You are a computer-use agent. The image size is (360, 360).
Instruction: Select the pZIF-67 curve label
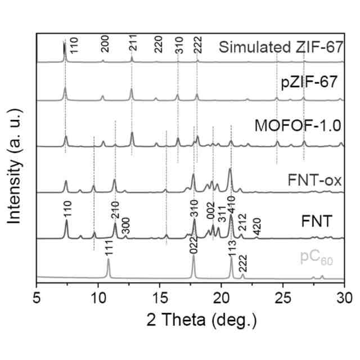click(309, 83)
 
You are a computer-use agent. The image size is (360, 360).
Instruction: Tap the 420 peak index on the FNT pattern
click(257, 228)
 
